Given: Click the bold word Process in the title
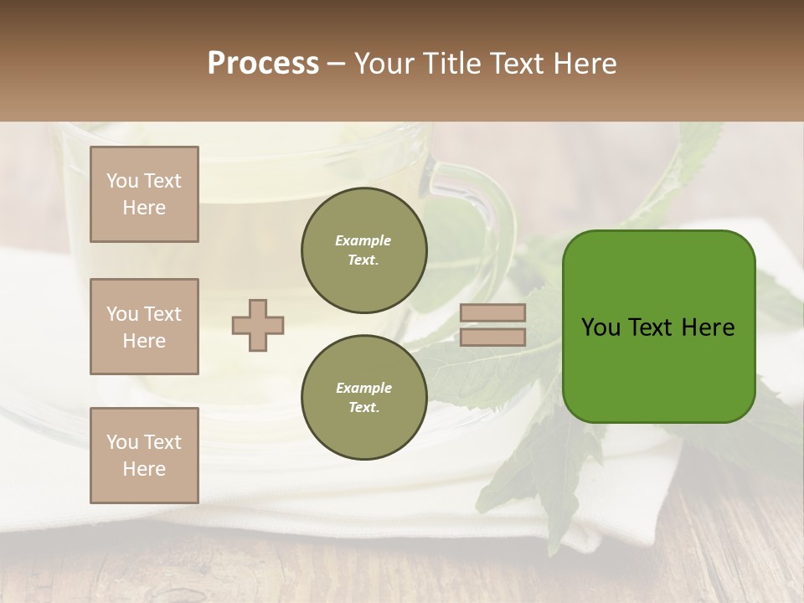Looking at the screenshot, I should pyautogui.click(x=263, y=64).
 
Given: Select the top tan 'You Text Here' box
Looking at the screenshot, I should pyautogui.click(x=144, y=194).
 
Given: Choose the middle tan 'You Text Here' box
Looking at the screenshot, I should pyautogui.click(x=144, y=327).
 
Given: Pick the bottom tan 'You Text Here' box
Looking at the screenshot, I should pyautogui.click(x=144, y=455).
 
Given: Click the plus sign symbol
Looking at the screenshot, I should pyautogui.click(x=258, y=325).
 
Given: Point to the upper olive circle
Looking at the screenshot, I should pyautogui.click(x=363, y=250).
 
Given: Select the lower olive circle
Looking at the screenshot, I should pyautogui.click(x=363, y=397).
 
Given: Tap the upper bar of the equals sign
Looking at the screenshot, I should pyautogui.click(x=492, y=313).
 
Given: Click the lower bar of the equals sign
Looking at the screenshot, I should pyautogui.click(x=492, y=337).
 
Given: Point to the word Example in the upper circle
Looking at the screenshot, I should pyautogui.click(x=363, y=240).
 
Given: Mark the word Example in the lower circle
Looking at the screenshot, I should pyautogui.click(x=363, y=388).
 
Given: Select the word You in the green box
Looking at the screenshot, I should pyautogui.click(x=600, y=327).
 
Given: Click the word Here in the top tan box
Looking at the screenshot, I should pyautogui.click(x=144, y=208).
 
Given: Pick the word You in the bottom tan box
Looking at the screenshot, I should pyautogui.click(x=122, y=442).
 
